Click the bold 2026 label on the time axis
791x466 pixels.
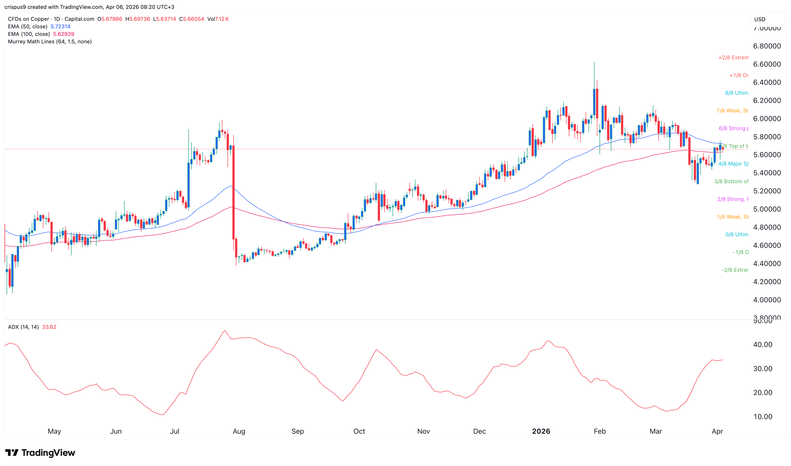pyautogui.click(x=541, y=431)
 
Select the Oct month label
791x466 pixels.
pyautogui.click(x=359, y=431)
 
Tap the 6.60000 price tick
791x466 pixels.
pyautogui.click(x=767, y=64)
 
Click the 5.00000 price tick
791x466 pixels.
pyautogui.click(x=767, y=209)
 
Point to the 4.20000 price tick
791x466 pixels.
pyautogui.click(x=767, y=282)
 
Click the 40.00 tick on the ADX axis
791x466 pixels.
pyautogui.click(x=762, y=345)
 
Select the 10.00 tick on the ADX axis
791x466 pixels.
pyautogui.click(x=762, y=417)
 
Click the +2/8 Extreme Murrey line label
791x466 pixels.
pyautogui.click(x=733, y=58)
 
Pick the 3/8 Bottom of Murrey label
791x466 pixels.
pyautogui.click(x=731, y=181)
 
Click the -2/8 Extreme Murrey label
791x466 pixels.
pyautogui.click(x=735, y=270)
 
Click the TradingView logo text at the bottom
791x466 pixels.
pyautogui.click(x=48, y=453)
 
